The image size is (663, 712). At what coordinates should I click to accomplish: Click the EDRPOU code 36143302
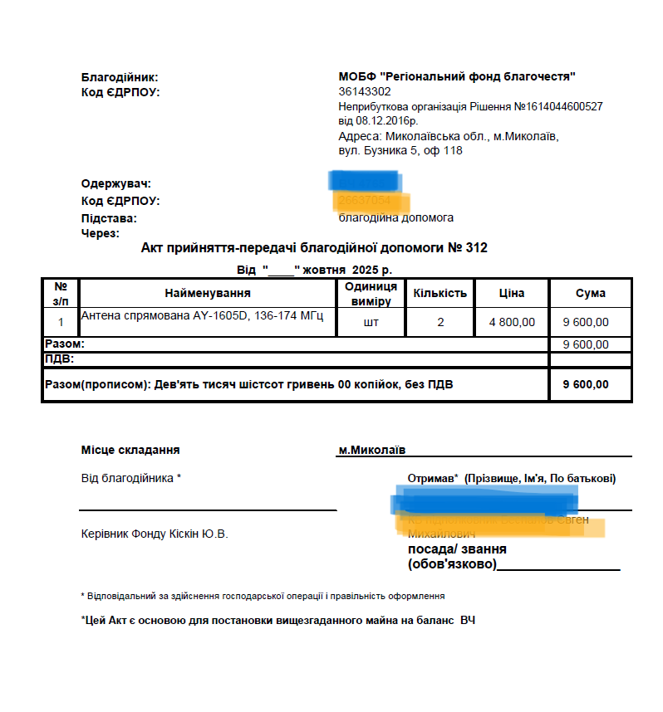point(365,91)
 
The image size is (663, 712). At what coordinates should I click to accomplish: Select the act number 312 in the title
point(477,247)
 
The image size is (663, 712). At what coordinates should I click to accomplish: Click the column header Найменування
point(207,293)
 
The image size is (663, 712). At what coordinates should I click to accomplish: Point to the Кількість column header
point(440,293)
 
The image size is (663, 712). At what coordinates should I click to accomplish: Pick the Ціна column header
point(511,293)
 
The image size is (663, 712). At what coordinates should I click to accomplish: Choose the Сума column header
point(590,293)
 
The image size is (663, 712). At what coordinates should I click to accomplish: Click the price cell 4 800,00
point(512,322)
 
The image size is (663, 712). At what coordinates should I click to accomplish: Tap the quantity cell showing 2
point(440,322)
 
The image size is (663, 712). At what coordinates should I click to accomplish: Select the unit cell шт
point(371,322)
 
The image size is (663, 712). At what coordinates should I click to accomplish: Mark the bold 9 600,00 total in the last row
point(586,384)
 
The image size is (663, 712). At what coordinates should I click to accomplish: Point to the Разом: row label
point(64,344)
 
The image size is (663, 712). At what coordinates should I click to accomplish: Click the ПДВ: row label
point(59,358)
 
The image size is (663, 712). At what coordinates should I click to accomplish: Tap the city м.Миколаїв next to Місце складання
point(371,450)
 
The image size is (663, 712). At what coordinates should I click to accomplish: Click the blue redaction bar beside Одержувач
point(365,180)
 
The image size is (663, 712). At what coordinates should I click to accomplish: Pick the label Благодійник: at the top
point(120,76)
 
